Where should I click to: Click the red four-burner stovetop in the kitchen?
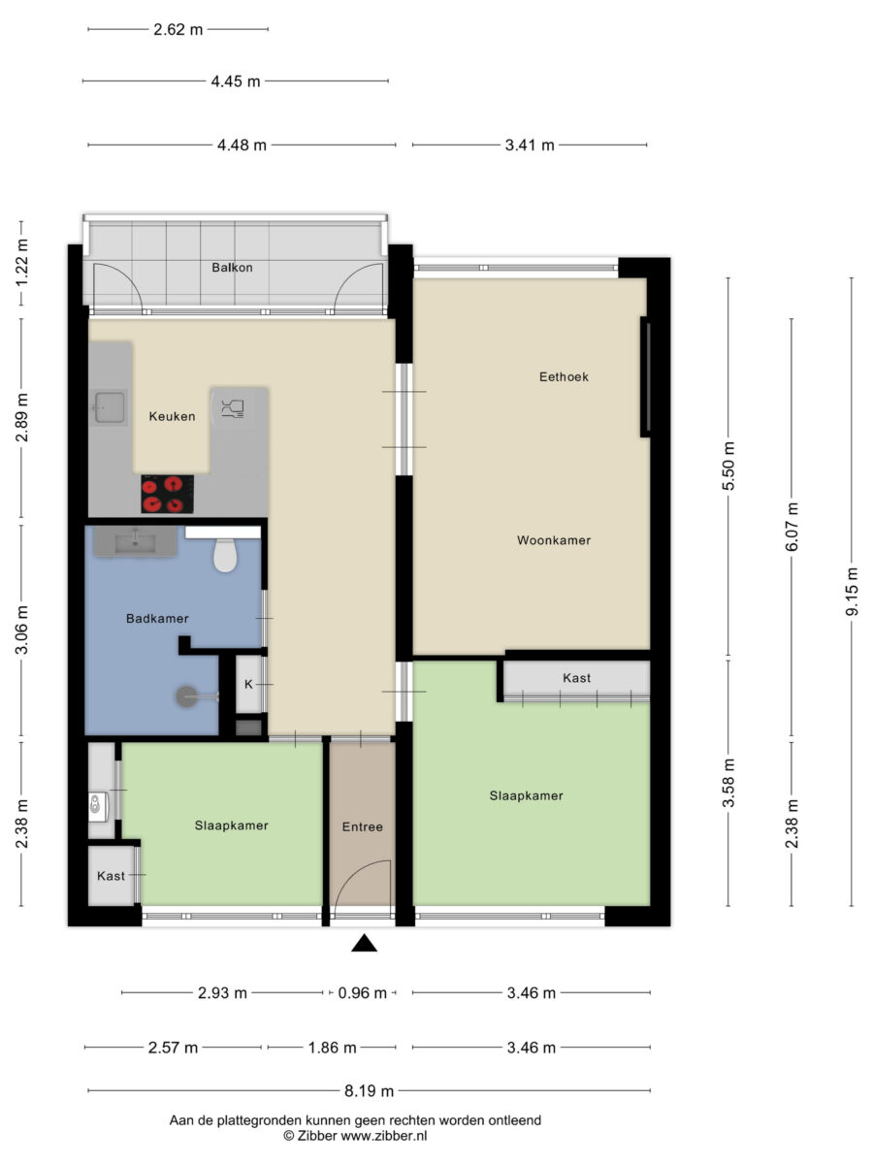(x=167, y=494)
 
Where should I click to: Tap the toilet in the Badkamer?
(x=225, y=555)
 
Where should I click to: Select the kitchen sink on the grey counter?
(x=110, y=407)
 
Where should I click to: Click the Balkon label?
(x=232, y=268)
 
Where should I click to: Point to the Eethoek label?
(x=564, y=376)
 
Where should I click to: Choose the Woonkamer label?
(x=553, y=540)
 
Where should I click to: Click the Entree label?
(x=362, y=826)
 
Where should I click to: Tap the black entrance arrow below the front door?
(x=364, y=944)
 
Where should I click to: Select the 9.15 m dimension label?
(x=852, y=592)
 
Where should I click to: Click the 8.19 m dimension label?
(x=369, y=1091)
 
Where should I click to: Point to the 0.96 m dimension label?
(x=362, y=992)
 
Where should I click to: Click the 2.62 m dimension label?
(x=178, y=30)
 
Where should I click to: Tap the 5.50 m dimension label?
(x=728, y=466)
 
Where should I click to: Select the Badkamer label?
(x=157, y=618)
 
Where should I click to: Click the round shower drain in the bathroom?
(x=186, y=696)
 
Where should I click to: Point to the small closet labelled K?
(x=248, y=684)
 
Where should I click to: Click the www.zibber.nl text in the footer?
(x=384, y=1135)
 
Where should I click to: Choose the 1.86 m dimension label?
(x=333, y=1048)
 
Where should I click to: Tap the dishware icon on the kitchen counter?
(x=232, y=408)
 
